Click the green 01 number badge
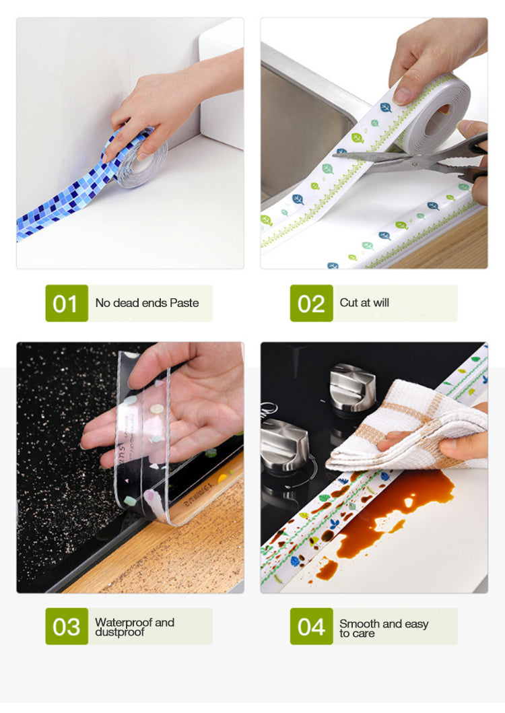[x=66, y=303]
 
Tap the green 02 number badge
[x=311, y=303]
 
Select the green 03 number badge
[x=66, y=626]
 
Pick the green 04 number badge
[x=311, y=626]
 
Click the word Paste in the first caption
[x=184, y=303]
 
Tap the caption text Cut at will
[x=364, y=303]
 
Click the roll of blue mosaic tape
[x=143, y=164]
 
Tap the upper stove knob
[x=352, y=387]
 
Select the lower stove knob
[x=284, y=444]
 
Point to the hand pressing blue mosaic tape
[x=168, y=108]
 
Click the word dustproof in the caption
[x=119, y=633]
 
